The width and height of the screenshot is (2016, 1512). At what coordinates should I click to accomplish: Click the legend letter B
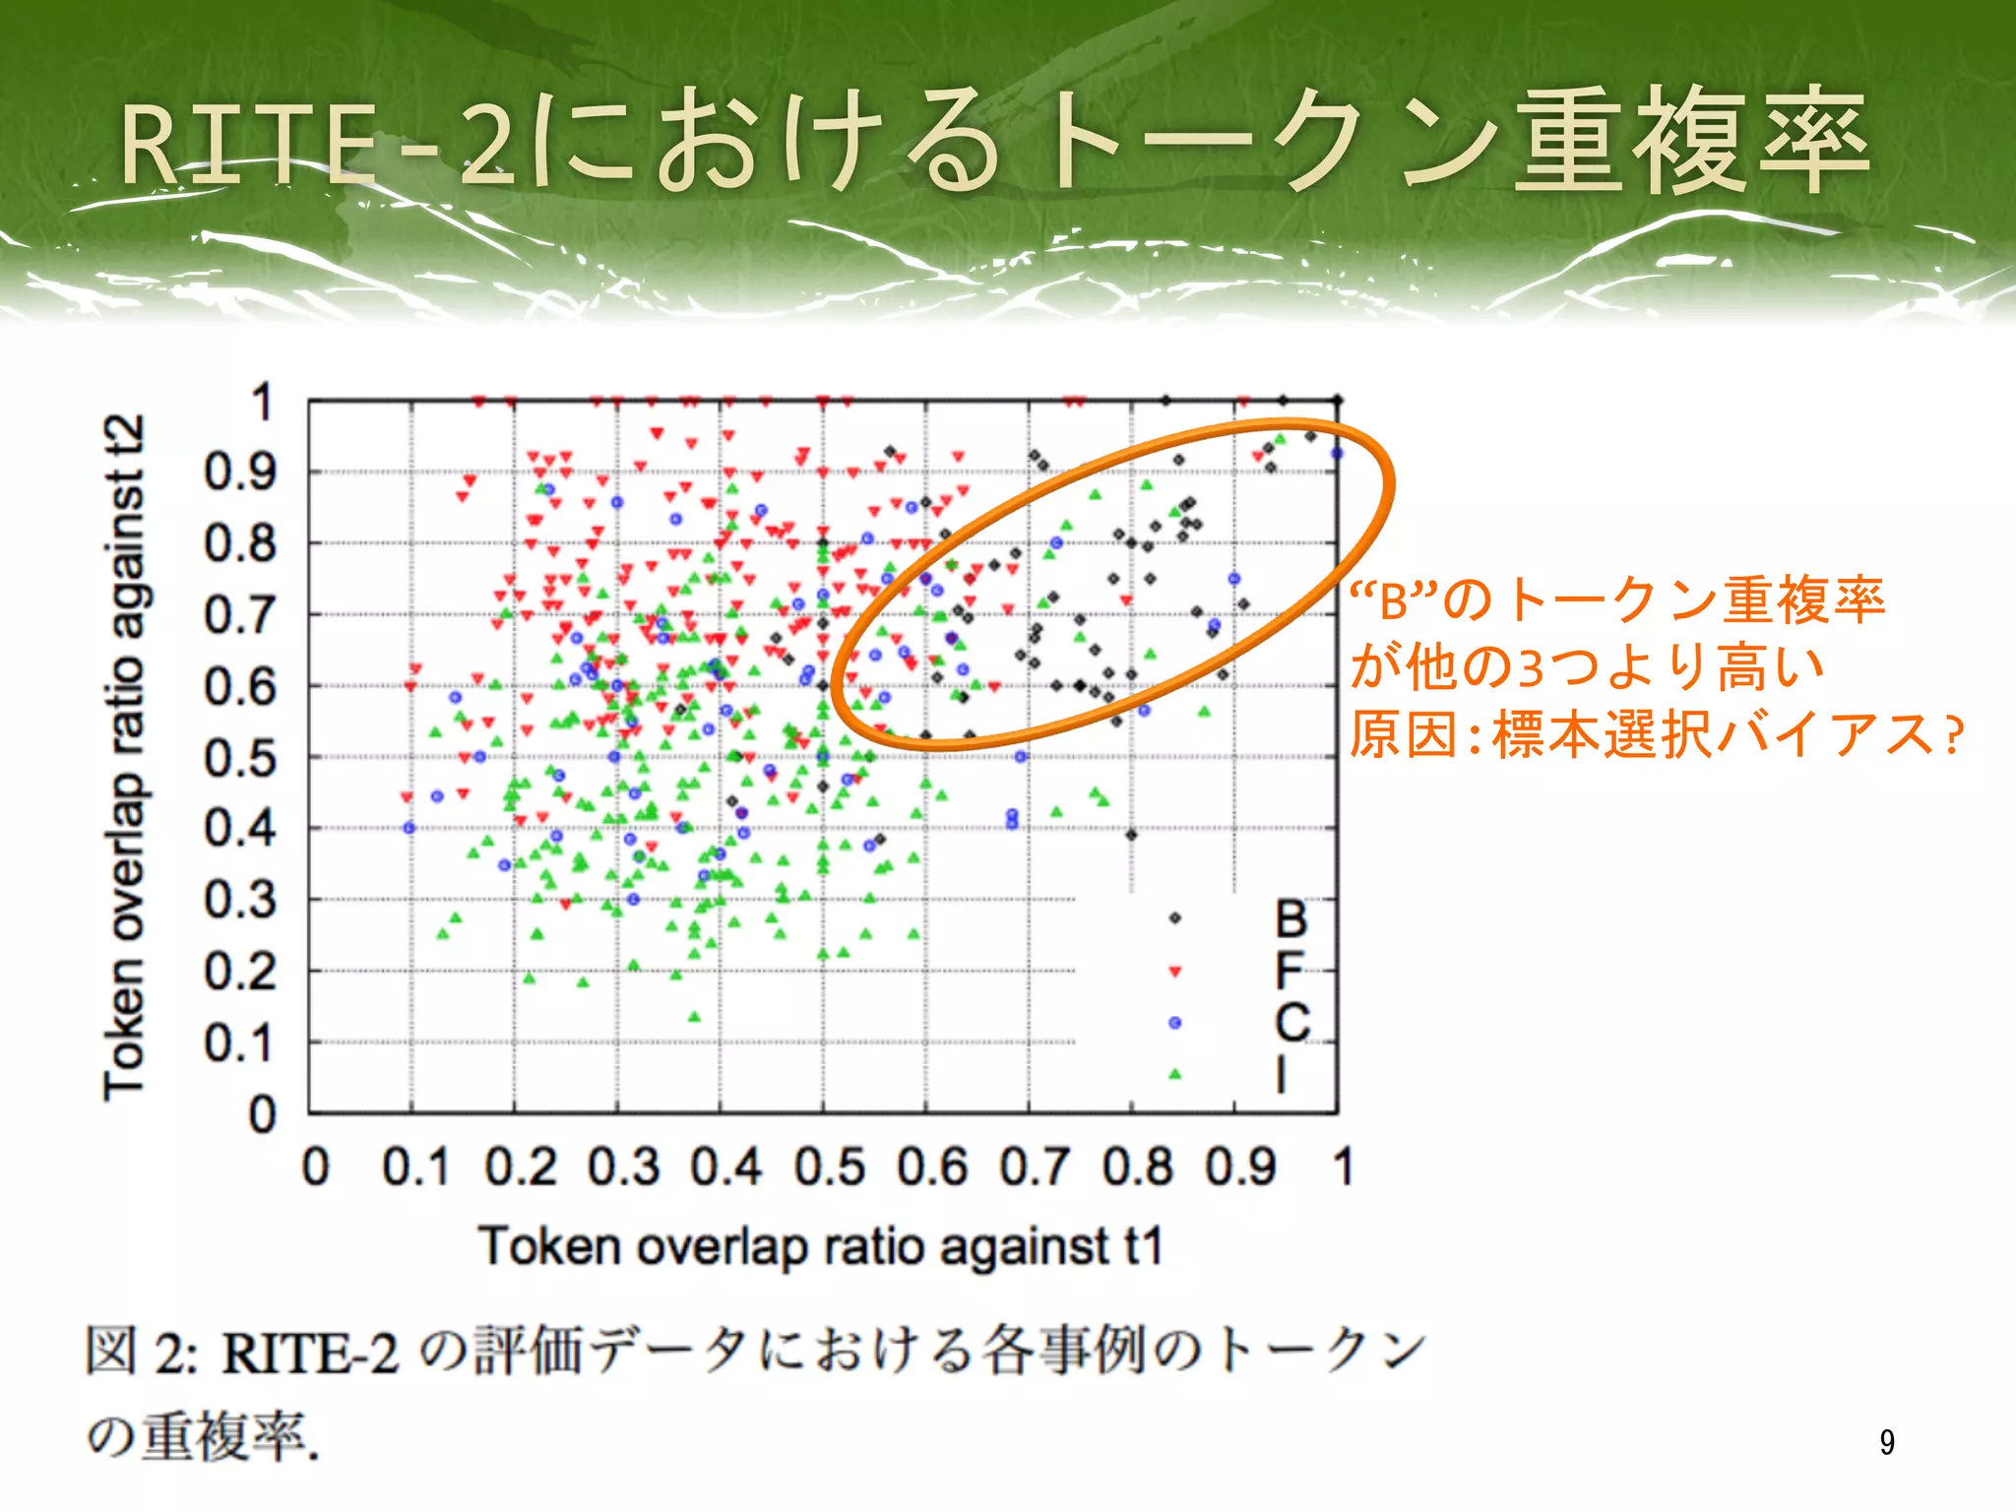click(1291, 918)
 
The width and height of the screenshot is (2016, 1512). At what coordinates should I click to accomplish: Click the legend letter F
click(1290, 971)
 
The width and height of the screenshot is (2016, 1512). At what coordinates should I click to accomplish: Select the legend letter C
click(1291, 1023)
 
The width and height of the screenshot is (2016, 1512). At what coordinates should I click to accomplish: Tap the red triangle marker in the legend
click(1174, 972)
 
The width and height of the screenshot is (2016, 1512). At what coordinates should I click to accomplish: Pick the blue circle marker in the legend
click(1174, 1023)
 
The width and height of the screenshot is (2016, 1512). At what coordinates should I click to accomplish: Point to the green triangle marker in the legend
click(1174, 1074)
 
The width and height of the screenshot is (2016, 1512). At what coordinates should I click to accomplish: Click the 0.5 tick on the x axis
click(830, 1167)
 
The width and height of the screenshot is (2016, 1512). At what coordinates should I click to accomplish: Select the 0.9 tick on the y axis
click(240, 472)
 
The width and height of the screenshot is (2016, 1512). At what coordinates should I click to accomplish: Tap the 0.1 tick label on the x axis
click(415, 1167)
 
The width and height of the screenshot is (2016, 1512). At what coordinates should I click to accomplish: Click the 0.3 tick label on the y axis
click(240, 900)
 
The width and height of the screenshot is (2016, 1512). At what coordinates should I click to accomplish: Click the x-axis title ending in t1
click(822, 1246)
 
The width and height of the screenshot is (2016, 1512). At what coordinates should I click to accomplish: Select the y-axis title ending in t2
click(125, 756)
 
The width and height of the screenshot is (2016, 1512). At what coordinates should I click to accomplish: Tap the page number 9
click(1886, 1442)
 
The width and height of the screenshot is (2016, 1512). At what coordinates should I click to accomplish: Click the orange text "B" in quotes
click(1393, 601)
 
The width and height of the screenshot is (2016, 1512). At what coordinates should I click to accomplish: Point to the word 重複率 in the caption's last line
click(224, 1438)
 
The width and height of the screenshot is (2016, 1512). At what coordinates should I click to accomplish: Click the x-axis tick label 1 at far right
click(1343, 1167)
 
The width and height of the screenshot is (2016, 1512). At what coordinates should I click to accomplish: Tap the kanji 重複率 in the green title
click(1690, 143)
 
